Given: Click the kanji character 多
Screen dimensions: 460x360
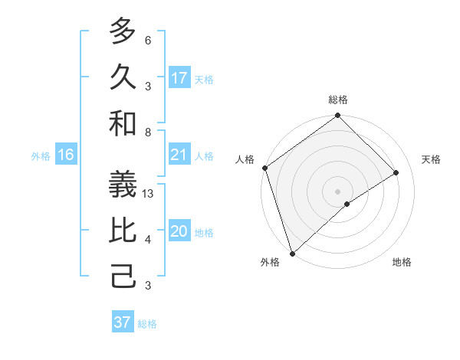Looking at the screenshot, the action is pos(123,31).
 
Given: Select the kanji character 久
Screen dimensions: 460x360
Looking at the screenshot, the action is pos(123,77).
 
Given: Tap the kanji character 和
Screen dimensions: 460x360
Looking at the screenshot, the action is pos(123,123).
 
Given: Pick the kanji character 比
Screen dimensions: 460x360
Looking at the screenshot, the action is pos(123,231).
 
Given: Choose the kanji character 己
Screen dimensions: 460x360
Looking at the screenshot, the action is pos(123,276).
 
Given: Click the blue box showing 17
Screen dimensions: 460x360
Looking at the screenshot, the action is pos(179,78).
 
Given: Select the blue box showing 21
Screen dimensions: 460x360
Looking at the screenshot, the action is pos(179,155).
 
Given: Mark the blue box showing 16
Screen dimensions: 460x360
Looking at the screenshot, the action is pos(66,155).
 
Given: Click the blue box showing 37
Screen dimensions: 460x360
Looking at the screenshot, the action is pos(123,322).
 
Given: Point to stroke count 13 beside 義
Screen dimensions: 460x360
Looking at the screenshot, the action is pos(149,194).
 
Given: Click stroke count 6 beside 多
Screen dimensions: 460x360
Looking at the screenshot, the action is pos(148,40).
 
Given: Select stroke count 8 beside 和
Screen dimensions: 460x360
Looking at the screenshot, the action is pos(148,132).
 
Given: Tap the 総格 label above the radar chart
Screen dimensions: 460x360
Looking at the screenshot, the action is pos(338,100).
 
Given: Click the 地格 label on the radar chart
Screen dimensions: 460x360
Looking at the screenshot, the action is pos(402,262).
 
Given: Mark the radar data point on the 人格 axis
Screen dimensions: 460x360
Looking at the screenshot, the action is pos(264,168).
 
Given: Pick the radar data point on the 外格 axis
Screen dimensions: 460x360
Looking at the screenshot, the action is pos(292,253).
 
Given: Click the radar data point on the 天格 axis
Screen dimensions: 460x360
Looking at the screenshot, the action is pos(396,172).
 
